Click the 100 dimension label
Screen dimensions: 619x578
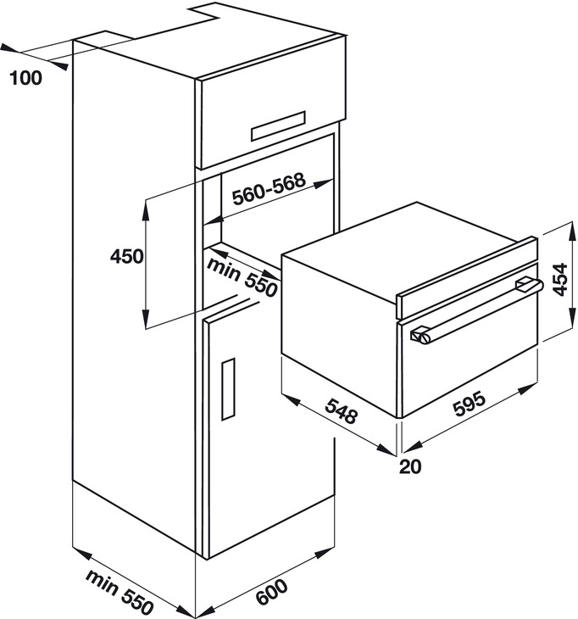(27, 79)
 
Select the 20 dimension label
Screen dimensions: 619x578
(412, 465)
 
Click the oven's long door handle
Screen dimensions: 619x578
(475, 311)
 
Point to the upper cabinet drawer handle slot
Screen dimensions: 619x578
(278, 125)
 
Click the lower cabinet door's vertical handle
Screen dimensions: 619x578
(226, 388)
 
